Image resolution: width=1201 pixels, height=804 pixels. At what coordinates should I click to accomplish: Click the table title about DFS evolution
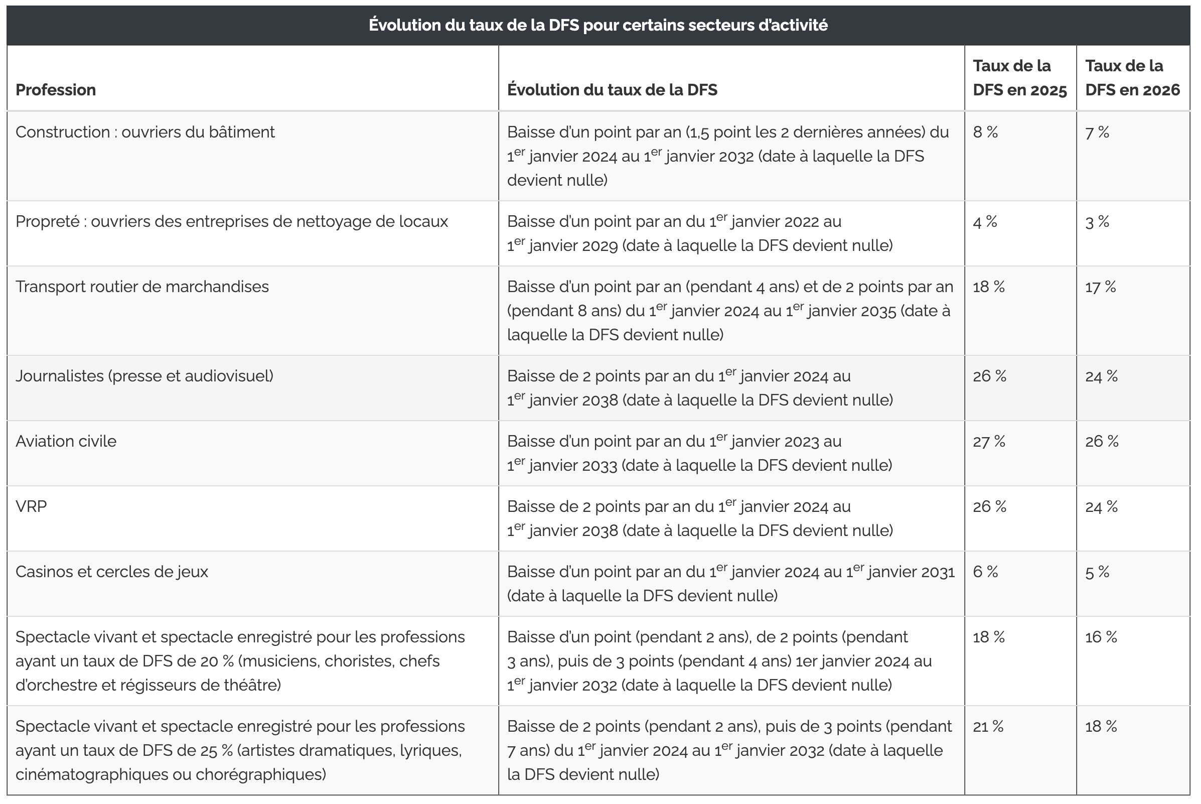(x=598, y=25)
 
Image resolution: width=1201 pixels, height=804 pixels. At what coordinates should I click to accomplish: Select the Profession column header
(x=55, y=90)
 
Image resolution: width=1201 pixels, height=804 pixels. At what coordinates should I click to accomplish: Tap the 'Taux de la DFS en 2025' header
(x=1019, y=78)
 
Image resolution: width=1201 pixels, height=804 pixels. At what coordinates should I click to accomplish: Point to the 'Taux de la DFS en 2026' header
(x=1132, y=78)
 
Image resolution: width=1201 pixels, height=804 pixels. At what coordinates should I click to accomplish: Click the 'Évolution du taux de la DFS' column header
(x=612, y=90)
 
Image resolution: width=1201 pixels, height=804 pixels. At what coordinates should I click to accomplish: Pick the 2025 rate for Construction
(x=985, y=132)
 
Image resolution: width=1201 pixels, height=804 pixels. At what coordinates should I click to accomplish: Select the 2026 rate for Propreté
(x=1097, y=222)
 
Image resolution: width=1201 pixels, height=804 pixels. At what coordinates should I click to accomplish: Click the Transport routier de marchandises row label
(x=142, y=287)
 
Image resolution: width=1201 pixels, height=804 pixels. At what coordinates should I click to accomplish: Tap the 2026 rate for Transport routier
(x=1100, y=287)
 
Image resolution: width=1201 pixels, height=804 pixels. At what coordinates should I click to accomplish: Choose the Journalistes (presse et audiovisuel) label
(x=144, y=376)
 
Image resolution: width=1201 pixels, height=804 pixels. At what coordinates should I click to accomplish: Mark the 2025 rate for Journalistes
(x=989, y=376)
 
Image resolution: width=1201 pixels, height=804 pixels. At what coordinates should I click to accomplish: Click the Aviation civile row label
(x=66, y=442)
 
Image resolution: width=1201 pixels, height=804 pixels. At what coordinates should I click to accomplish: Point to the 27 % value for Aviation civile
(x=989, y=442)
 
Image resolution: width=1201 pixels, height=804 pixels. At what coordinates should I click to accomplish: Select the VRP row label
(x=31, y=506)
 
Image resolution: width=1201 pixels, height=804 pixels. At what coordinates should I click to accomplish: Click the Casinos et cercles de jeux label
(x=112, y=572)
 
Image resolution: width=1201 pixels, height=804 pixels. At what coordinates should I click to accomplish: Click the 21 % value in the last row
(x=988, y=727)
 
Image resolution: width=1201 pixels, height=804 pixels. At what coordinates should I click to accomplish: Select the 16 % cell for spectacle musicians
(x=1101, y=637)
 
